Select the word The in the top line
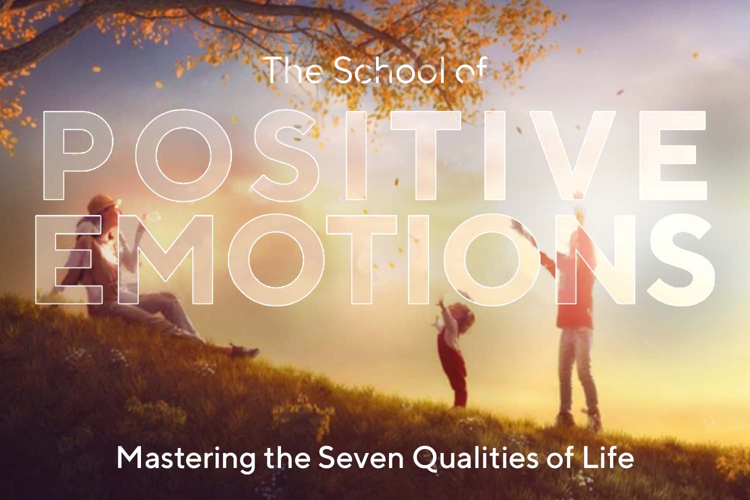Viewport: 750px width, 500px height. [293, 71]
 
